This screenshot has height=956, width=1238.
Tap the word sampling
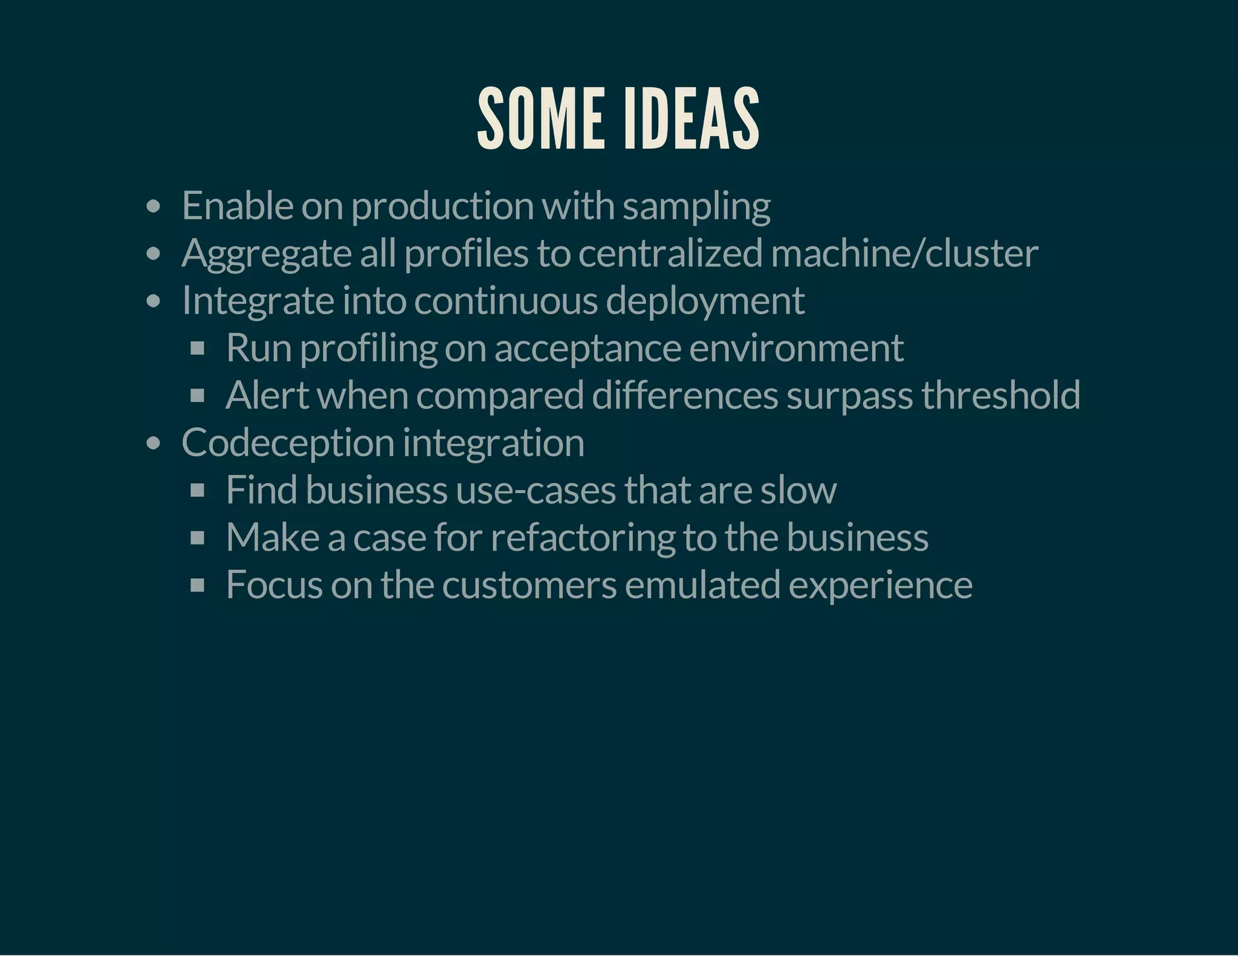click(x=696, y=207)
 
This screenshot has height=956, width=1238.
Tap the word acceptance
click(x=588, y=349)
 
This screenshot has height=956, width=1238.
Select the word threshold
click(x=1000, y=395)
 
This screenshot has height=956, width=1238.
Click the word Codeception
click(x=287, y=444)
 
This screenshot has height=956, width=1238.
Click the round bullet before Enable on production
click(x=154, y=207)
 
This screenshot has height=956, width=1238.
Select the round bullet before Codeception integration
click(x=154, y=444)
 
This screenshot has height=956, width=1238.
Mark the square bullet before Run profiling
click(x=197, y=349)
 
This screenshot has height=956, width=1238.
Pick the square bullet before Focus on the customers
click(x=197, y=585)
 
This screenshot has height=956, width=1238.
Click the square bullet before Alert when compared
click(x=197, y=396)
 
